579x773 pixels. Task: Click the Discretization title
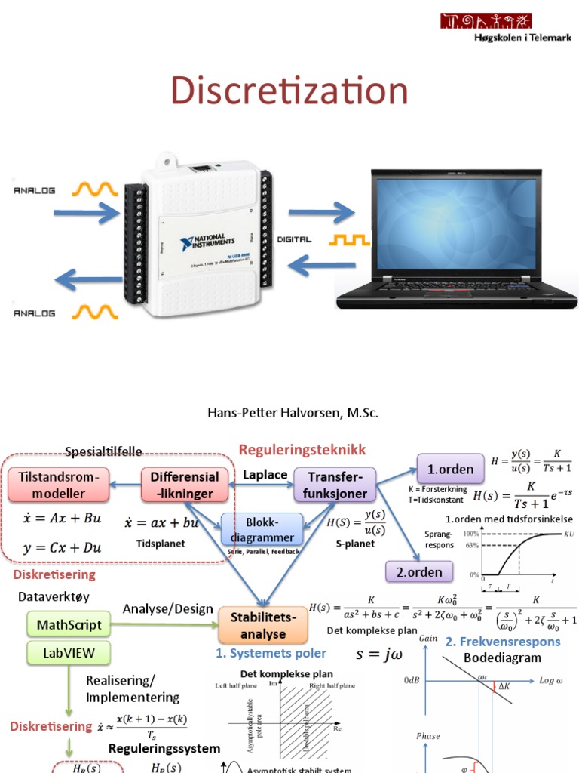[x=289, y=91]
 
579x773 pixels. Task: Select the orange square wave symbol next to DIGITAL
[x=348, y=239]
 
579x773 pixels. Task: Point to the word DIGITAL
[x=294, y=239]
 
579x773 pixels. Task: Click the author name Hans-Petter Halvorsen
[x=293, y=413]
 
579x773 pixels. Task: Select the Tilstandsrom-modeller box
[x=58, y=485]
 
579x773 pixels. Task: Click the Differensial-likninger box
[x=185, y=485]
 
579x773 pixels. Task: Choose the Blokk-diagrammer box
[x=262, y=529]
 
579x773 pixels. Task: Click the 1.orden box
[x=451, y=469]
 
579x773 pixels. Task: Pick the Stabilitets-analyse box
[x=263, y=626]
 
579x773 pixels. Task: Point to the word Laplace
[x=265, y=475]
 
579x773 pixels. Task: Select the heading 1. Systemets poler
[x=271, y=653]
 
